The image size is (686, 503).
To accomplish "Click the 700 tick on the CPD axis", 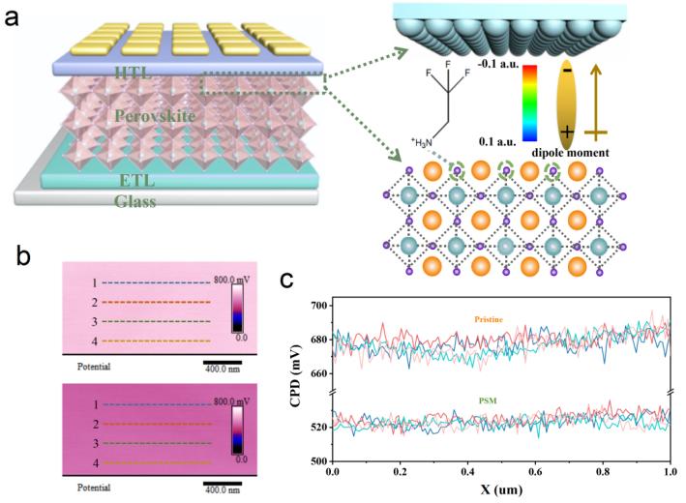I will (318, 306).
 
